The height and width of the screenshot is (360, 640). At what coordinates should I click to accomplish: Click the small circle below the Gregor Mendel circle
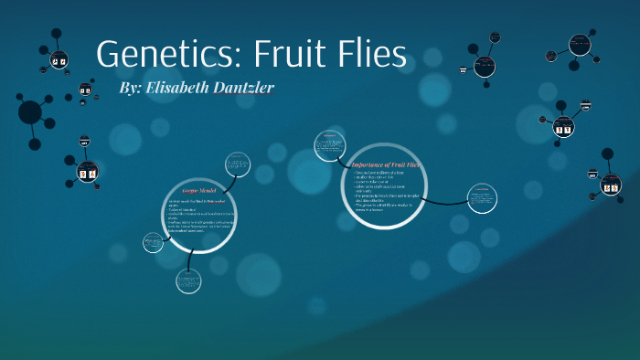(188, 281)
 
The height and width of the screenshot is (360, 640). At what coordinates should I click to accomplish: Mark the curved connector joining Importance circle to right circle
(446, 202)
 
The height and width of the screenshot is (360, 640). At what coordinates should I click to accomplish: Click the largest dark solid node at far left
(30, 112)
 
